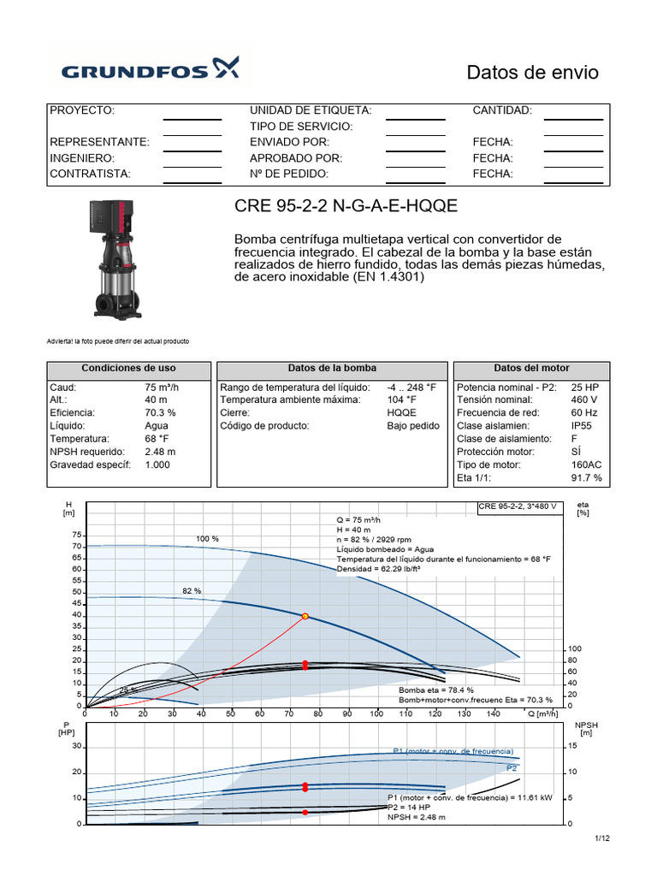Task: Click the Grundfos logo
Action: pos(148,68)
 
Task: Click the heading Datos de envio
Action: pos(532,73)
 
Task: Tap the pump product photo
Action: pos(115,257)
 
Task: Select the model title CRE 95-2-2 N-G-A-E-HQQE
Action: pos(346,207)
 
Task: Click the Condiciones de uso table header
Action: pos(128,368)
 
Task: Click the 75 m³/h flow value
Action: pos(162,387)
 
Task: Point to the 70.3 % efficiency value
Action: pos(161,412)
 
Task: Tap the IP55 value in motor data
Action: pos(582,425)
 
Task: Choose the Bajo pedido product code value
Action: pos(412,425)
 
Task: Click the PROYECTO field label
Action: pos(82,110)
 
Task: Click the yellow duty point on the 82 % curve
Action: pos(305,616)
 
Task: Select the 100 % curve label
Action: pos(207,539)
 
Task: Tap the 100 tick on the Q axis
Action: pos(376,713)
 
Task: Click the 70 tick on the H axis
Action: pos(78,546)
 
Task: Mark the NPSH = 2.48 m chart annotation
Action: pos(417,817)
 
